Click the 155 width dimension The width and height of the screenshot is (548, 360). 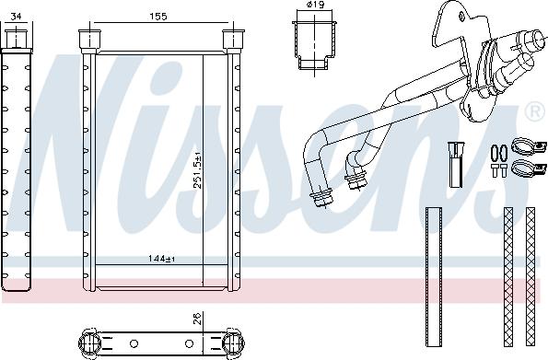pos(158,17)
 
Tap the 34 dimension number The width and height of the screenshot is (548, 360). pos(16,17)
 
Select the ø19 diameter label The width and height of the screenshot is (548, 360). pos(315,5)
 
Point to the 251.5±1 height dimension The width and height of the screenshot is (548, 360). pos(198,170)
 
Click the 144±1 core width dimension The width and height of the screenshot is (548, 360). pos(161,259)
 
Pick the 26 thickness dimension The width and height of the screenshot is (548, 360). pos(198,319)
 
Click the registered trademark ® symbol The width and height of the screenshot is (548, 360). pos(535,111)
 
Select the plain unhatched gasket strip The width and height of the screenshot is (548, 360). pos(434,277)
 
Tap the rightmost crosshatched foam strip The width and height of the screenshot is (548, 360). pos(531,277)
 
